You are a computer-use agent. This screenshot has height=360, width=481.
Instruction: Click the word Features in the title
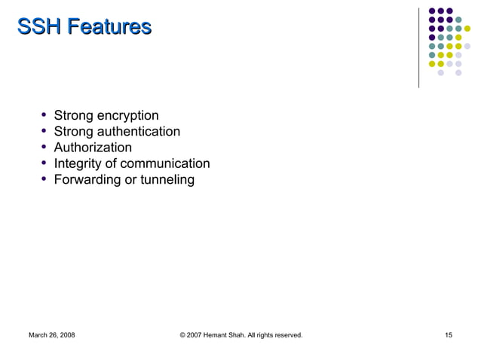(x=109, y=28)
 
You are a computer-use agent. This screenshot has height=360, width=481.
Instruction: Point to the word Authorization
(x=93, y=148)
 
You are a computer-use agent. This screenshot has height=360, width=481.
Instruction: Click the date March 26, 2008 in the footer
(x=51, y=334)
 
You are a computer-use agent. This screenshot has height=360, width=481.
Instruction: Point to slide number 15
(x=449, y=334)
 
